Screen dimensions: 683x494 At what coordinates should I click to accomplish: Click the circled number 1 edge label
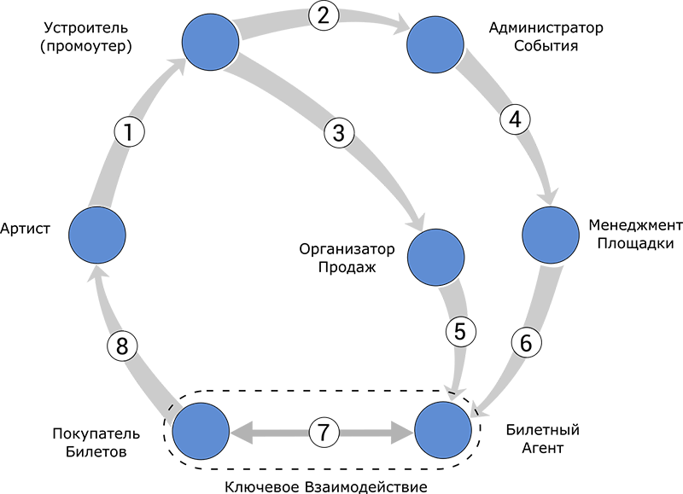click(x=128, y=132)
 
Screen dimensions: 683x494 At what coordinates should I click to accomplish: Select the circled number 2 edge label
click(x=323, y=15)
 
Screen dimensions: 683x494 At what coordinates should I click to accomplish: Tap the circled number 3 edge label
click(x=339, y=133)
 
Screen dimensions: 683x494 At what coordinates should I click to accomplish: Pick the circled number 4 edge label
click(x=514, y=120)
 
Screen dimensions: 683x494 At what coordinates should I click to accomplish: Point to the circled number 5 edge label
click(x=460, y=332)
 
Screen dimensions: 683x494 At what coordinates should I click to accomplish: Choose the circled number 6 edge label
click(x=526, y=343)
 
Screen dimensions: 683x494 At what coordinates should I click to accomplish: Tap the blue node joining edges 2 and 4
click(x=436, y=46)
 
